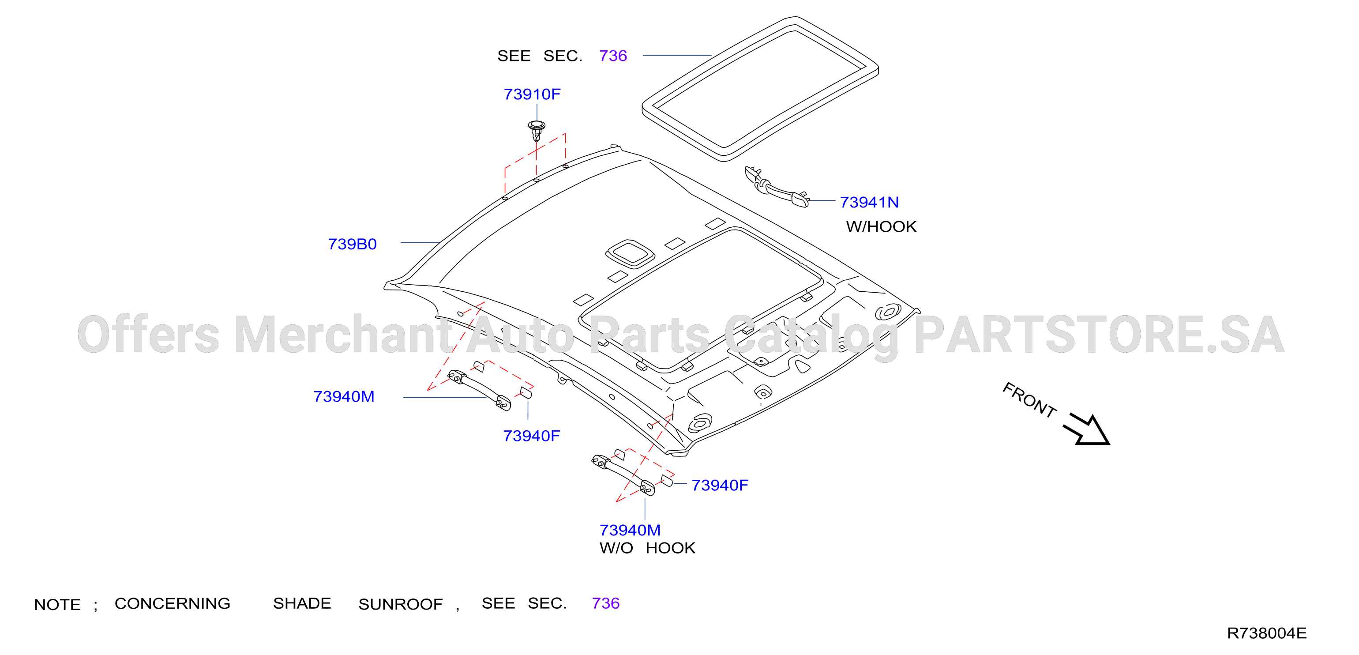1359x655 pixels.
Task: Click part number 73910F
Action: (532, 94)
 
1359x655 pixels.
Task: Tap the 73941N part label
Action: (869, 202)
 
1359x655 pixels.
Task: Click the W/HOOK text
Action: (881, 226)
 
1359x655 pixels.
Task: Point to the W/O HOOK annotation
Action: (647, 548)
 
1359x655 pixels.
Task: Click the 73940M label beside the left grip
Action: (344, 396)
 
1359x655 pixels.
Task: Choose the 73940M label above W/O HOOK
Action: (630, 530)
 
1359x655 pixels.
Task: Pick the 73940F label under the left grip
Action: (531, 436)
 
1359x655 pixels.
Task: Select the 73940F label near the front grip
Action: (720, 485)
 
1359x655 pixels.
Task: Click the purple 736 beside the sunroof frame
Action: (613, 56)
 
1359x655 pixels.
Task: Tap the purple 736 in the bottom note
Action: (606, 603)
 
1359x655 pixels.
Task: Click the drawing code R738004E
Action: (1267, 633)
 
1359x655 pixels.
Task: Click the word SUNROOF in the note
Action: (401, 604)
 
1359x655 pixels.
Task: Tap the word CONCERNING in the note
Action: (173, 603)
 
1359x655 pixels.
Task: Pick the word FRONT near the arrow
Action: (1029, 399)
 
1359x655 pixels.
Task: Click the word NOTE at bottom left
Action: (57, 604)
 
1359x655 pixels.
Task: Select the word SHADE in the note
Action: (302, 603)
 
